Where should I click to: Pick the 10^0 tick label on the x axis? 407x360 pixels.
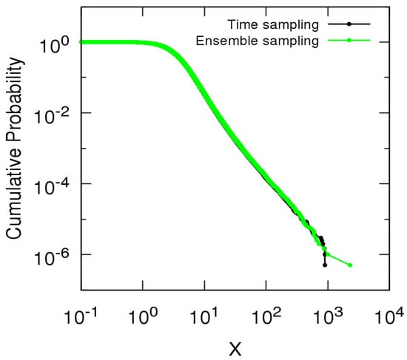coord(144,315)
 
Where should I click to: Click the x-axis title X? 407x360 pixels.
coord(235,346)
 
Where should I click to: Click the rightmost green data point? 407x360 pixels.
coord(349,265)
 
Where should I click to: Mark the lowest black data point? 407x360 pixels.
coord(325,265)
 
